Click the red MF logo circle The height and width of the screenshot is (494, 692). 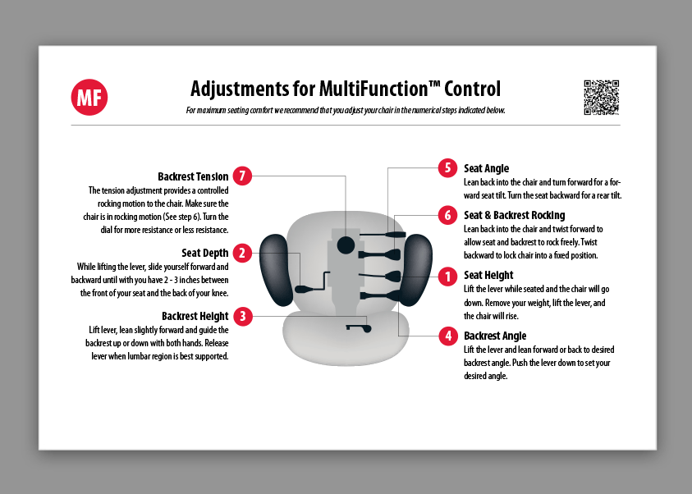[x=89, y=98]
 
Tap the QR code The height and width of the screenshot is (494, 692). [x=601, y=97]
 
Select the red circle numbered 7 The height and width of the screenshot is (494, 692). [x=242, y=176]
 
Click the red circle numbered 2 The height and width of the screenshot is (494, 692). [x=242, y=253]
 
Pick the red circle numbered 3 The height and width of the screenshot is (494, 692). [x=242, y=316]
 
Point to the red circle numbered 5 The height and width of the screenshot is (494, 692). [x=447, y=168]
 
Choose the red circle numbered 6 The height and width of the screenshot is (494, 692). [x=447, y=215]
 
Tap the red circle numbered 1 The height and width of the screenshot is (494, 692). [x=447, y=276]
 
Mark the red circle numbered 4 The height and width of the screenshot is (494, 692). [x=447, y=335]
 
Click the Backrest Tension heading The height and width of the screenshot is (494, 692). [x=193, y=176]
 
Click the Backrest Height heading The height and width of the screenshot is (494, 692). [x=195, y=316]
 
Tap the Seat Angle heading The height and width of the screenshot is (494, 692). [x=487, y=168]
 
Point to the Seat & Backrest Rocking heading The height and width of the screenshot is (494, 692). [x=514, y=215]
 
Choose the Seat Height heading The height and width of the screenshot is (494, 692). [x=488, y=275]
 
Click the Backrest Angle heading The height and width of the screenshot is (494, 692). [x=495, y=336]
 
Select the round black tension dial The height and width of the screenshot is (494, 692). [x=346, y=244]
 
